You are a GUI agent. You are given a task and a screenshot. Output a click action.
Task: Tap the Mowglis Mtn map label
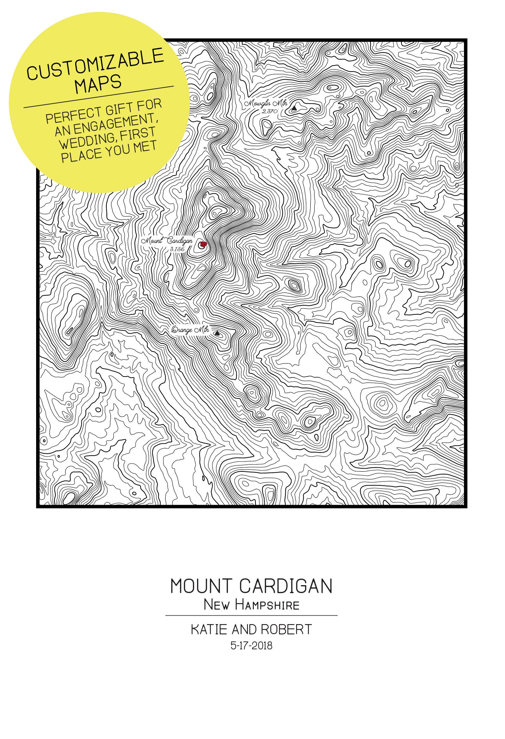pos(265,104)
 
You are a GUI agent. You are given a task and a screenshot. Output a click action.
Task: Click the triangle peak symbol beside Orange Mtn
pos(217,333)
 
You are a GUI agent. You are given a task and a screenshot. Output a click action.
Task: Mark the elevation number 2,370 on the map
pos(270,112)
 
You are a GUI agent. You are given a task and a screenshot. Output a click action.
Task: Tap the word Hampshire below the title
pos(267,605)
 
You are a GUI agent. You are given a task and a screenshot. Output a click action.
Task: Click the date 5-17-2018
pos(252,645)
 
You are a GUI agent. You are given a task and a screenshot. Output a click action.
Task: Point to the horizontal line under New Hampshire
pos(252,615)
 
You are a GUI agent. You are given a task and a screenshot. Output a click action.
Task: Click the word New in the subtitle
pos(216,605)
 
